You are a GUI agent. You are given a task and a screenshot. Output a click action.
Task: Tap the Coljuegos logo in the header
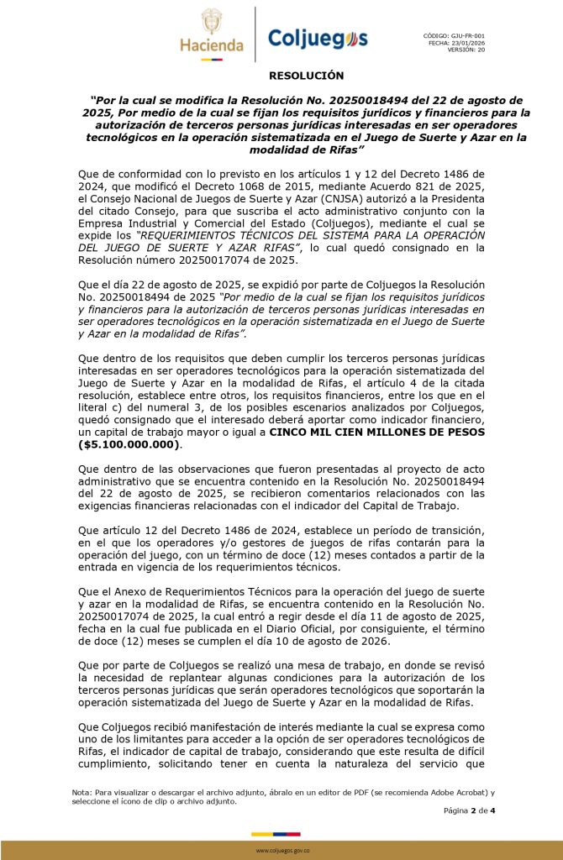coord(317,39)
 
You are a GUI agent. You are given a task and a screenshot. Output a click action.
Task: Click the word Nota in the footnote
coord(82,792)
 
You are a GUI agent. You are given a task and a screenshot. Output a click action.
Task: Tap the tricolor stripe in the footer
coord(281,833)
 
